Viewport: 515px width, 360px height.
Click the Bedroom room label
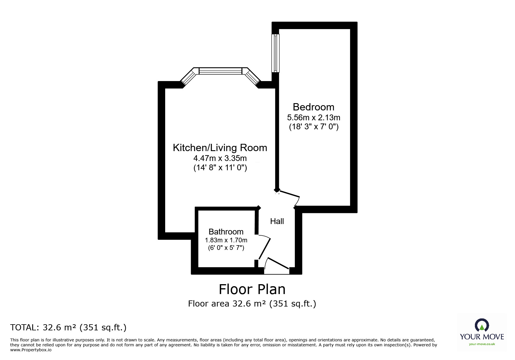pyautogui.click(x=313, y=107)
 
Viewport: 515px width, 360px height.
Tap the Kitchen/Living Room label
pyautogui.click(x=220, y=148)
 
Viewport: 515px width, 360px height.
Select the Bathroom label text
pyautogui.click(x=226, y=232)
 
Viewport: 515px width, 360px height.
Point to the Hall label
pyautogui.click(x=277, y=221)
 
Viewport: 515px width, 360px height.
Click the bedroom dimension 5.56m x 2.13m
pyautogui.click(x=313, y=117)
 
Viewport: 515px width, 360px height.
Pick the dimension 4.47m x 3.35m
pyautogui.click(x=220, y=158)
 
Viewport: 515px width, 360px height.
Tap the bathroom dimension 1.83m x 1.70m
pyautogui.click(x=226, y=240)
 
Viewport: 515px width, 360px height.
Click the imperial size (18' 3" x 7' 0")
pyautogui.click(x=313, y=127)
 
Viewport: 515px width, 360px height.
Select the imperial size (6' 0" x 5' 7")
pyautogui.click(x=226, y=248)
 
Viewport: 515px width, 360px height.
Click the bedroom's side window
pyautogui.click(x=275, y=53)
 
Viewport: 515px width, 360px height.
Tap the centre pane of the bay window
pyautogui.click(x=220, y=71)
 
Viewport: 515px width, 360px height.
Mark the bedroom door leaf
pyautogui.click(x=288, y=194)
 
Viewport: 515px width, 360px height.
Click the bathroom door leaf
pyautogui.click(x=265, y=249)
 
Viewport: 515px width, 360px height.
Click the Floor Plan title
pyautogui.click(x=252, y=289)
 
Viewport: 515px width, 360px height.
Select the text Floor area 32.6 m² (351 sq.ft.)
pyautogui.click(x=252, y=304)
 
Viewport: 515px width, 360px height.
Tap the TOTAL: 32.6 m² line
pyautogui.click(x=68, y=327)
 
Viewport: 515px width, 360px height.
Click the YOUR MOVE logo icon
pyautogui.click(x=482, y=325)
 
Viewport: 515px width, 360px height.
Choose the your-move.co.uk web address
pyautogui.click(x=482, y=344)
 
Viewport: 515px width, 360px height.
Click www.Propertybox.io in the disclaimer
pyautogui.click(x=31, y=350)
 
